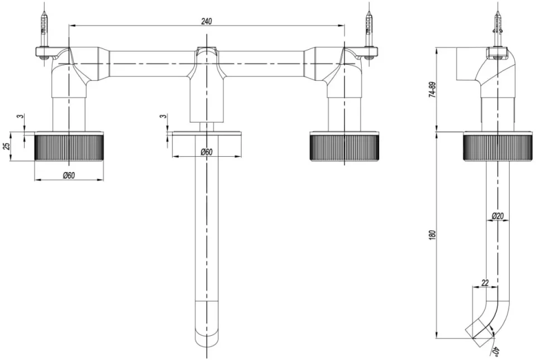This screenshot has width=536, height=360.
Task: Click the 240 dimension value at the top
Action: [x=206, y=21]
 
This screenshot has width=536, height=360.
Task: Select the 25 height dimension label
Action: [x=7, y=146]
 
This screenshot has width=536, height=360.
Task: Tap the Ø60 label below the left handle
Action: [x=69, y=175]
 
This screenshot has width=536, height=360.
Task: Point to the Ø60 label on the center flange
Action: [x=206, y=152]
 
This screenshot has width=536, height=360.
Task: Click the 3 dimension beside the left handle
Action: [x=20, y=117]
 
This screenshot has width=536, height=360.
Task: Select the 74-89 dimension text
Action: [x=432, y=90]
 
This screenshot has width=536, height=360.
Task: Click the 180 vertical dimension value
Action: [x=432, y=234]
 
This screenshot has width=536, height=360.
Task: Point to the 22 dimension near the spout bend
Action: [x=484, y=283]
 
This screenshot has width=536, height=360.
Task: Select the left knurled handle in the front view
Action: [x=69, y=147]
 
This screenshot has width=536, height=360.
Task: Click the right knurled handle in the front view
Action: [x=344, y=147]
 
